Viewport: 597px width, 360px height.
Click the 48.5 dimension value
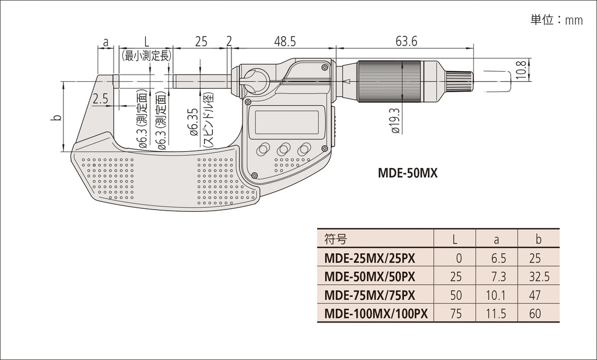point(285,41)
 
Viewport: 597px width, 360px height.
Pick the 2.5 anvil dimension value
point(100,99)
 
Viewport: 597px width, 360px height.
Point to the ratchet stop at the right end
point(459,82)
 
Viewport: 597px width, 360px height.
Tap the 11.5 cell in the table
point(497,313)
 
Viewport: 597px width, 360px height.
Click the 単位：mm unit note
point(556,20)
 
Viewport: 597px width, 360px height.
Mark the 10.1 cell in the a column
point(497,295)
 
